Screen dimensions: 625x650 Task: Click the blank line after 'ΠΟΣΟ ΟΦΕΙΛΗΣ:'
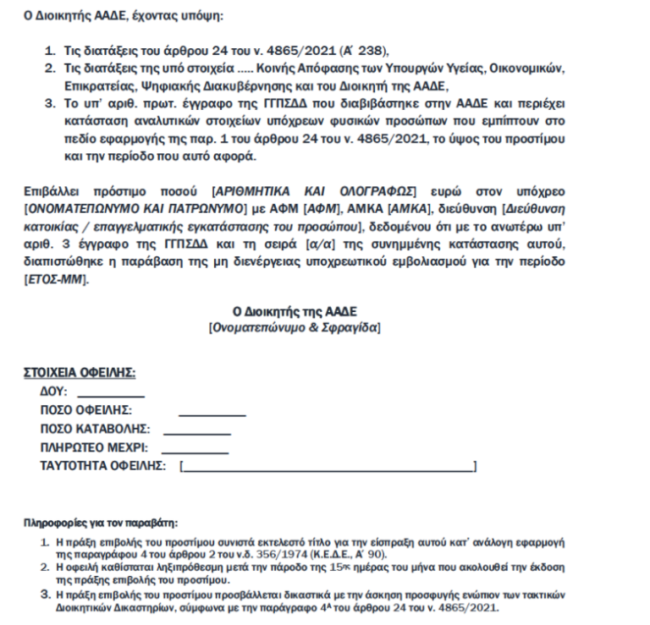point(212,414)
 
